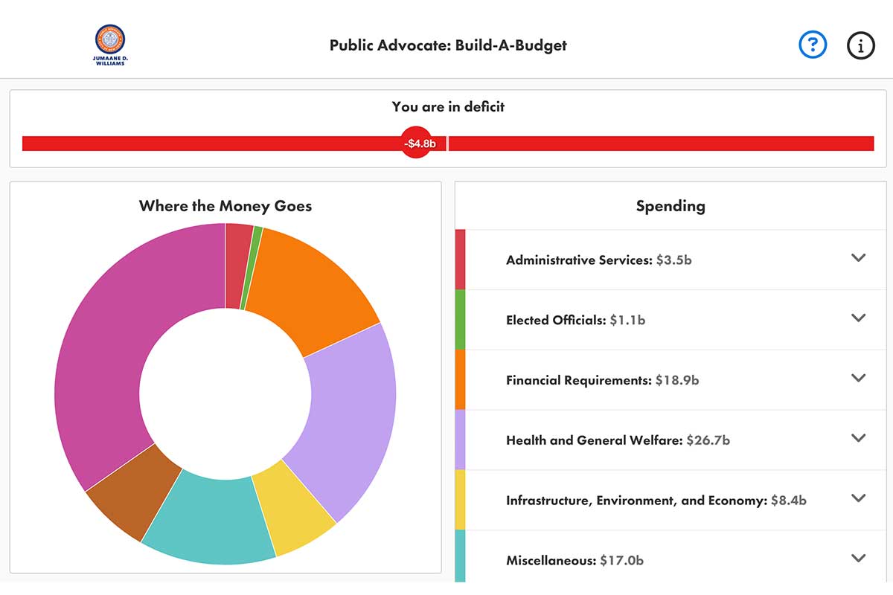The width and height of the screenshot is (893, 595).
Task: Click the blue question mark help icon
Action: [x=813, y=45]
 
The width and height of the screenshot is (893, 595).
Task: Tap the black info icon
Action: [x=861, y=45]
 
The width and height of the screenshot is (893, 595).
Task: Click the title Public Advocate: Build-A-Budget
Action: [x=448, y=45]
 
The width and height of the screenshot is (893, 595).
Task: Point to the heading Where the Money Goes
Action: [x=225, y=206]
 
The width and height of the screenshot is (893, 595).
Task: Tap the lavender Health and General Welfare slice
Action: [x=350, y=416]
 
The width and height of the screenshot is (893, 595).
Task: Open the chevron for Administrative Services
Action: [x=859, y=258]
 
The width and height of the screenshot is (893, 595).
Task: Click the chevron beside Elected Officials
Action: [x=859, y=318]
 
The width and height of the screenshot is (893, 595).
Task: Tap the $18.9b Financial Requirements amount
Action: [x=677, y=380]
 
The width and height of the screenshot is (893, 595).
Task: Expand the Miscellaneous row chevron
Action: [x=859, y=559]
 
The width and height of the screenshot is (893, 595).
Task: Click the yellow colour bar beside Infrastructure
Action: [x=460, y=499]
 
